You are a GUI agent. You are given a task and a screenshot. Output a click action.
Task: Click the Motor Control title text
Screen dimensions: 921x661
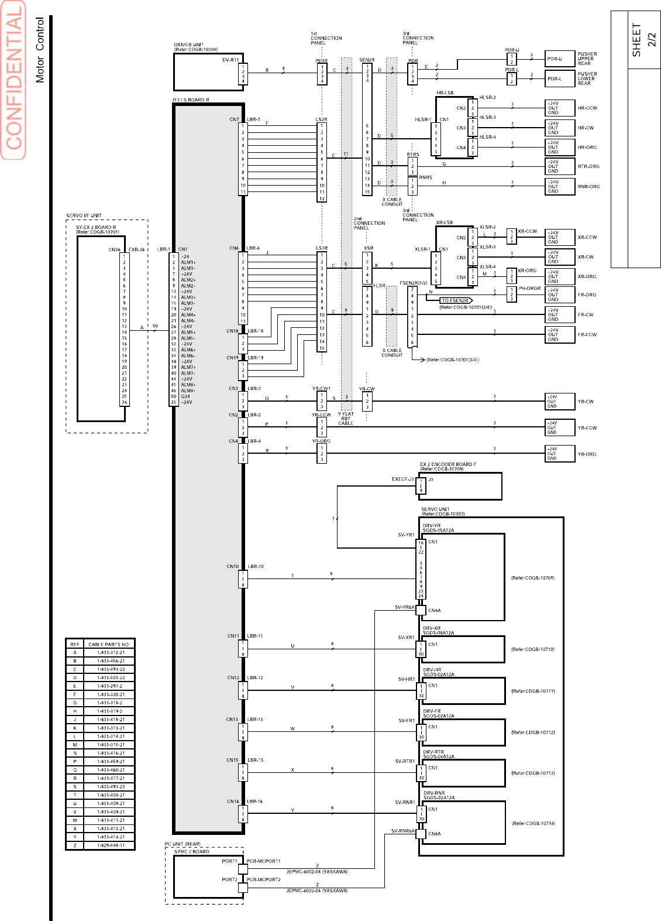pyautogui.click(x=40, y=50)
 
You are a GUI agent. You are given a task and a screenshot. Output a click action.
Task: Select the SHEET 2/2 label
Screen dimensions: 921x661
pyautogui.click(x=642, y=40)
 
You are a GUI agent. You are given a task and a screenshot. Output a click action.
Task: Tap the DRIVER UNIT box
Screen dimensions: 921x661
pyautogui.click(x=208, y=72)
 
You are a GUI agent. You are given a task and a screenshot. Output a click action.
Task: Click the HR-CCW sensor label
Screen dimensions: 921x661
pyautogui.click(x=587, y=108)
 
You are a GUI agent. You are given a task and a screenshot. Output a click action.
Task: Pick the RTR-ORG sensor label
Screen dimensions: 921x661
pyautogui.click(x=588, y=167)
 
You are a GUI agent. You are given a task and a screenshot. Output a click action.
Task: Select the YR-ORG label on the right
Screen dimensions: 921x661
pyautogui.click(x=587, y=454)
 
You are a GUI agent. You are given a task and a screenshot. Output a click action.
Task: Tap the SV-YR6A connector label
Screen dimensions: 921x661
pyautogui.click(x=404, y=607)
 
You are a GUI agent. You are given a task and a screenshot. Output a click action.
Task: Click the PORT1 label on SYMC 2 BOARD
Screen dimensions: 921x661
pyautogui.click(x=229, y=861)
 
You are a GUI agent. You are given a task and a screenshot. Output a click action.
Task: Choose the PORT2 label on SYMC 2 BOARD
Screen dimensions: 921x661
pyautogui.click(x=229, y=879)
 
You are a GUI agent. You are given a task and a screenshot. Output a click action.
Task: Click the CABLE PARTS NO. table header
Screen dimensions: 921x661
pyautogui.click(x=109, y=644)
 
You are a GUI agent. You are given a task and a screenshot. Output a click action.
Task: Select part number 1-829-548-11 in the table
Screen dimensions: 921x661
pyautogui.click(x=111, y=845)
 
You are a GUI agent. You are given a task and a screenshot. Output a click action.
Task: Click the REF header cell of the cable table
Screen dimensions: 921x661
pyautogui.click(x=75, y=644)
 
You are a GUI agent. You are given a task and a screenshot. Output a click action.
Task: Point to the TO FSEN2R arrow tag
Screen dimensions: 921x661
pyautogui.click(x=456, y=300)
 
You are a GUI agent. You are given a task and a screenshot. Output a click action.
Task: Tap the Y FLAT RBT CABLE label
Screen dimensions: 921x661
pyautogui.click(x=346, y=419)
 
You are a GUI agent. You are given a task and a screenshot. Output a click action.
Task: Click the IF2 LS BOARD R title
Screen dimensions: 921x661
pyautogui.click(x=190, y=100)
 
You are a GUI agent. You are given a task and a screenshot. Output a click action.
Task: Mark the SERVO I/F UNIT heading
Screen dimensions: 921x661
pyautogui.click(x=84, y=215)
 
